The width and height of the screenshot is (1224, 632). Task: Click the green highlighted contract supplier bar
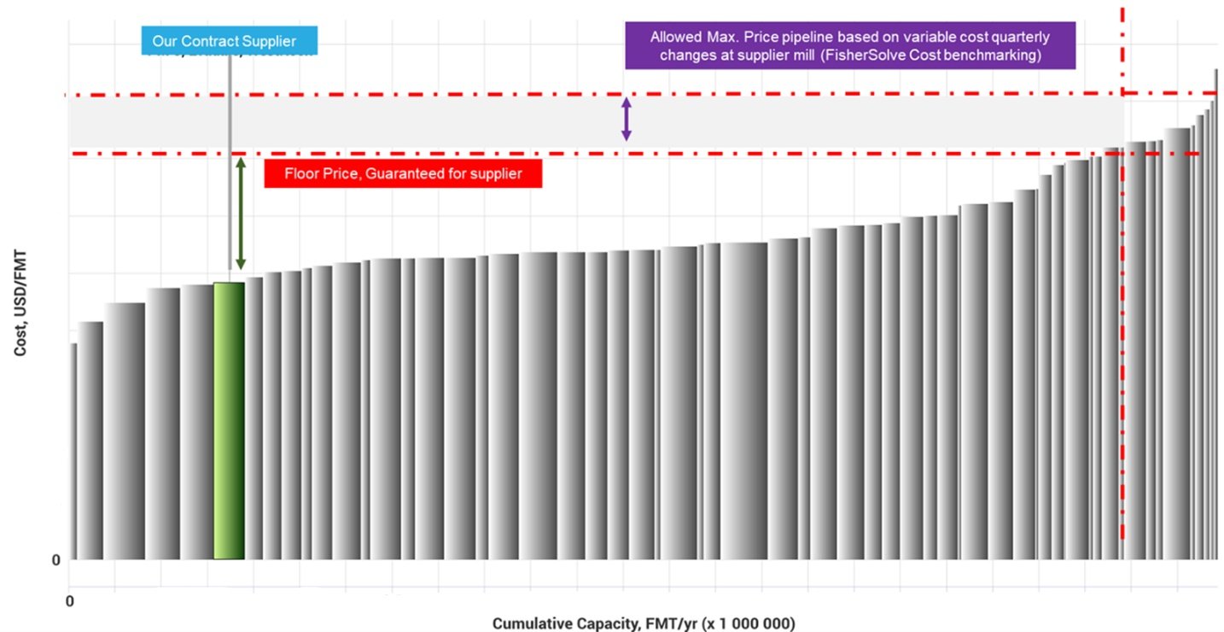coord(229,420)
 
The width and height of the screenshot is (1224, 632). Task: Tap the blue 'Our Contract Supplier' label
coord(230,41)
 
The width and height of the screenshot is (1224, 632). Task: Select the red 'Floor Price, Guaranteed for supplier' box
coord(403,173)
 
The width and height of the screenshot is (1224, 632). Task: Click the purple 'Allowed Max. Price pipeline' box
coord(849,46)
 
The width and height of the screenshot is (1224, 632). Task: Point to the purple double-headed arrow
coord(626,119)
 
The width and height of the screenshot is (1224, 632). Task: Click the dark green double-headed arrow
coord(241,214)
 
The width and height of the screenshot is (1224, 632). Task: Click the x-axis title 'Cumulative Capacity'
coord(644,623)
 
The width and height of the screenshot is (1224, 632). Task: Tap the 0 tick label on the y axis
coord(56,560)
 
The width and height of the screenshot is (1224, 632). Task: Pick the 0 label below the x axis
coord(70,601)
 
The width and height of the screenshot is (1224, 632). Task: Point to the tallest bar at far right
coord(1215,316)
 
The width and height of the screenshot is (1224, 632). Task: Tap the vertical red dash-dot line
coord(1122,342)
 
